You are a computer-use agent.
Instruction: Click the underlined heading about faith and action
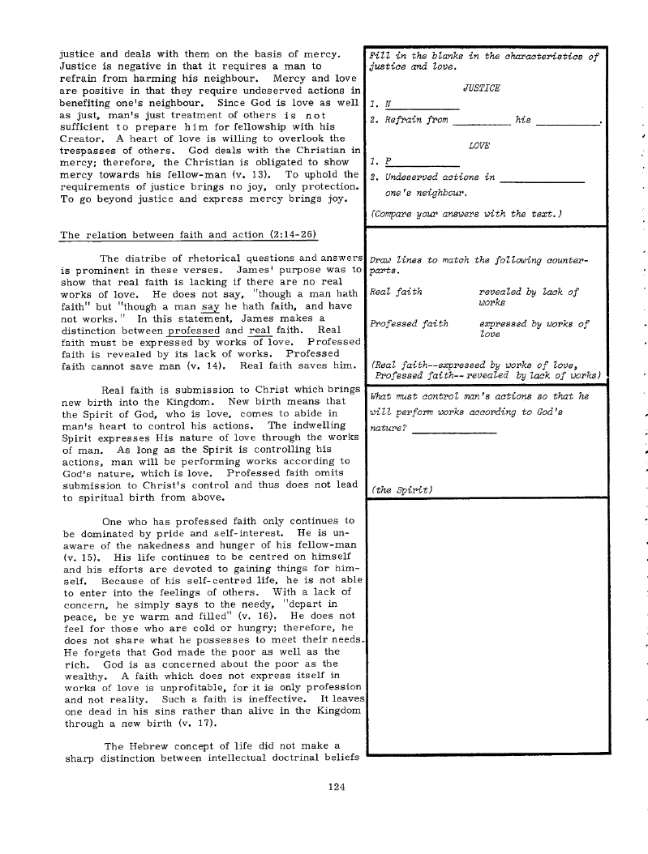tap(188, 235)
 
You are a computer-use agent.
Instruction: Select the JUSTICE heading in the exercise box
tap(481, 88)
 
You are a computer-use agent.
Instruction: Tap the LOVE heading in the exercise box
tap(482, 146)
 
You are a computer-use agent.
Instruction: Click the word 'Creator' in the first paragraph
tap(86, 138)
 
